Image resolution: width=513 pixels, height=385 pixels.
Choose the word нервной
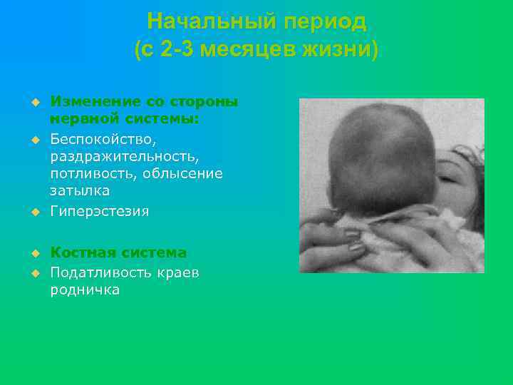point(77,119)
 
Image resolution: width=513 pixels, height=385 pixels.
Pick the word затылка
point(80,191)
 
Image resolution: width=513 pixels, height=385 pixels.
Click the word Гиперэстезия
point(99,210)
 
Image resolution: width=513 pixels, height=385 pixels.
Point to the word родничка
point(84,289)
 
